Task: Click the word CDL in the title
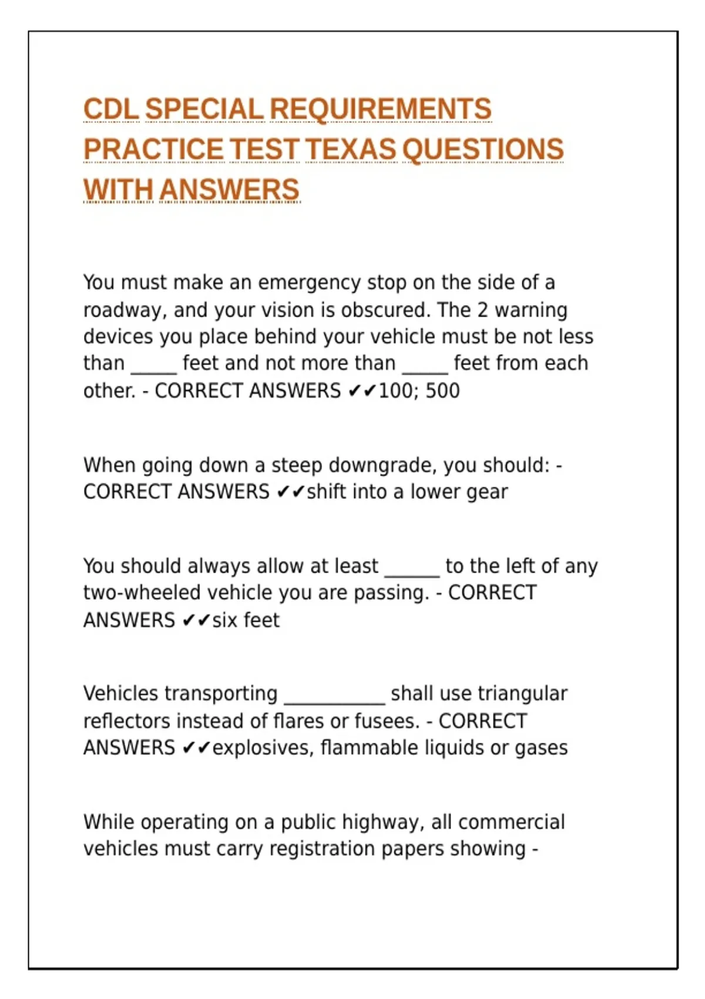point(111,109)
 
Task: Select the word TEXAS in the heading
point(351,149)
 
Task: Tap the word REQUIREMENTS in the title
point(380,109)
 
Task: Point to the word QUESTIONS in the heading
point(483,149)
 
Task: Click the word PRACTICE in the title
point(153,149)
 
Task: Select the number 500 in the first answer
point(442,391)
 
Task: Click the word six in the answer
point(224,620)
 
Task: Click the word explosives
point(263,748)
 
